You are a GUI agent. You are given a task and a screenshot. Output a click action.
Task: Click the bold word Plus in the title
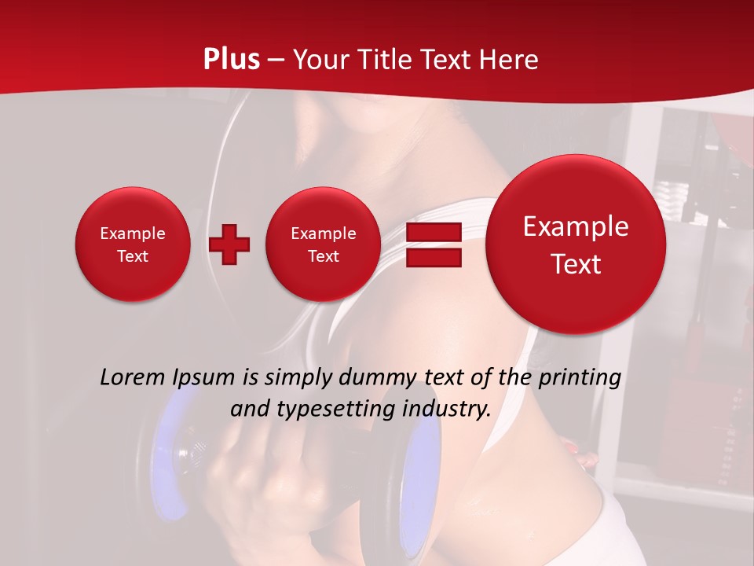(232, 59)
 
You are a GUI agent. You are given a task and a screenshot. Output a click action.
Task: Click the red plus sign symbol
(229, 244)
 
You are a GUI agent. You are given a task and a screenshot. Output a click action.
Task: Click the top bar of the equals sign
(433, 232)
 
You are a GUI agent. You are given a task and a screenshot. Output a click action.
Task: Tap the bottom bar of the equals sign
(433, 258)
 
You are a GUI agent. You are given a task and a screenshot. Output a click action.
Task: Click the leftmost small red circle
(133, 244)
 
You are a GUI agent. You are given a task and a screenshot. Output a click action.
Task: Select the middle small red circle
(324, 244)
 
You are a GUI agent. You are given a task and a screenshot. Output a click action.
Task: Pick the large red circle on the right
(576, 244)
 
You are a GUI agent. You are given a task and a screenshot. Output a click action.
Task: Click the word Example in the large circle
(576, 226)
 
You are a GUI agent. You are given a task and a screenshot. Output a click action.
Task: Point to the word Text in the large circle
(576, 264)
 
